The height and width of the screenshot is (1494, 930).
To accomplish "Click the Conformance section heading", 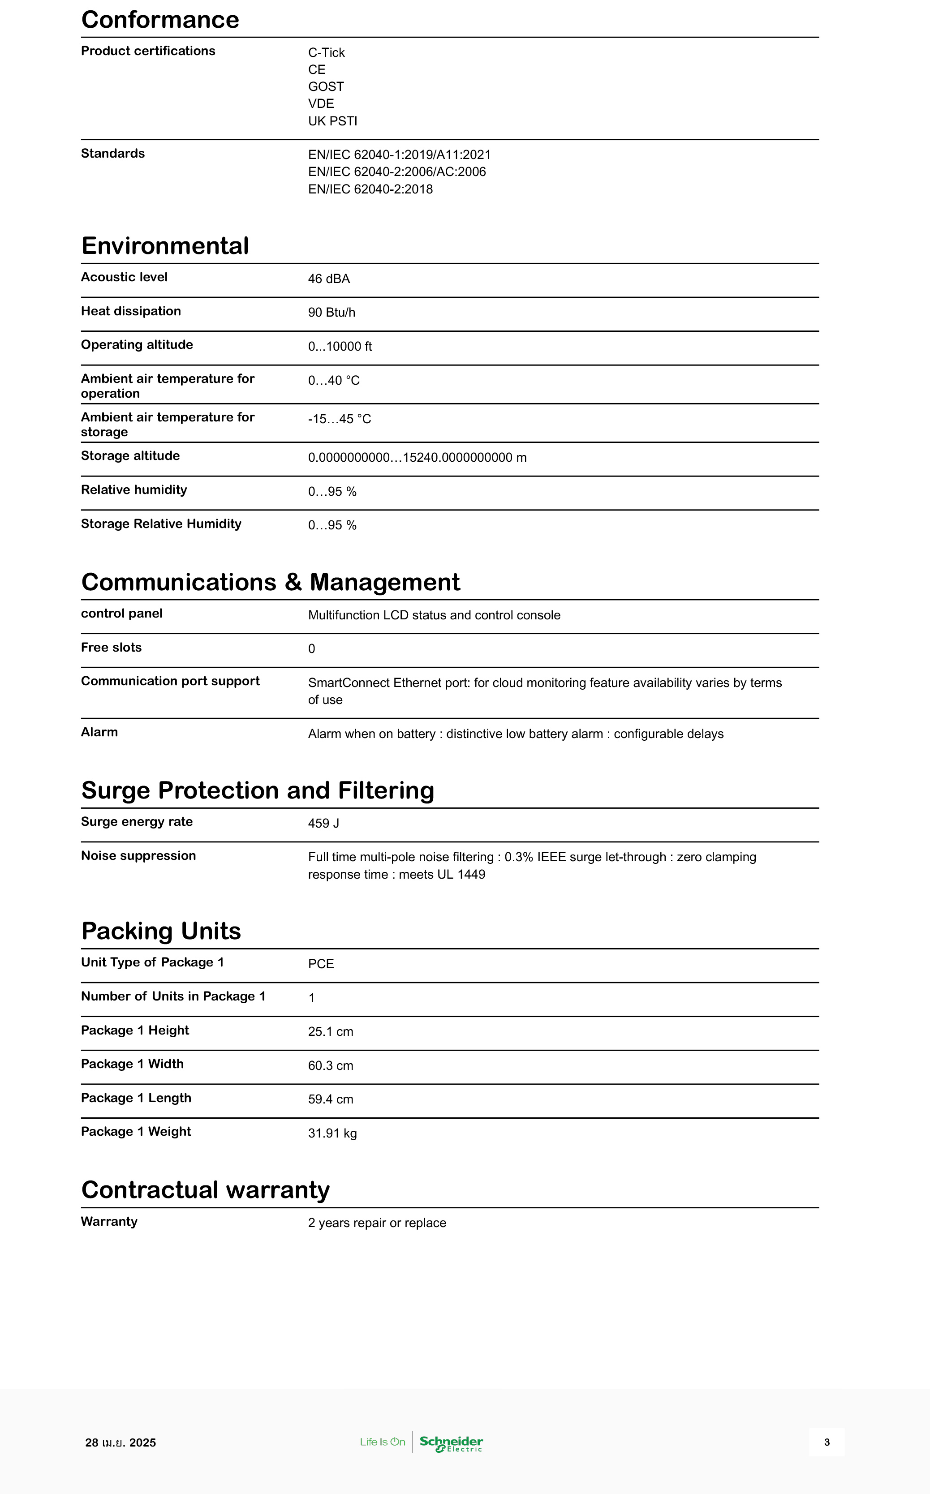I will pyautogui.click(x=160, y=20).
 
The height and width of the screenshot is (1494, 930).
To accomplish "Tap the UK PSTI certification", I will pyautogui.click(x=332, y=121).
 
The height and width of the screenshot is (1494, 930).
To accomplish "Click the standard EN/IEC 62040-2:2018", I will pyautogui.click(x=370, y=189).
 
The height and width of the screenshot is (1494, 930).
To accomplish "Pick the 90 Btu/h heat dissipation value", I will pyautogui.click(x=332, y=313).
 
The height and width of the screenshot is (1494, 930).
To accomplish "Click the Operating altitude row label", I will pyautogui.click(x=137, y=345).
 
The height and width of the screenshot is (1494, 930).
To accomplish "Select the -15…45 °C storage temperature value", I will pyautogui.click(x=340, y=419).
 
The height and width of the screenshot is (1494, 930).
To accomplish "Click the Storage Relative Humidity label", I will pyautogui.click(x=161, y=524).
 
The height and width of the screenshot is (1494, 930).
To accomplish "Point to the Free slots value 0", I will pyautogui.click(x=311, y=649).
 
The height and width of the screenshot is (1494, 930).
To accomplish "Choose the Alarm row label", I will pyautogui.click(x=99, y=732).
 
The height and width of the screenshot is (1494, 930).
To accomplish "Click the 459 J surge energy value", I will pyautogui.click(x=323, y=824).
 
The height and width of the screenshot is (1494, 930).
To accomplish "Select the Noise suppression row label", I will pyautogui.click(x=138, y=856).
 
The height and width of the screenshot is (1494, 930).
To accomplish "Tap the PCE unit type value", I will pyautogui.click(x=321, y=964).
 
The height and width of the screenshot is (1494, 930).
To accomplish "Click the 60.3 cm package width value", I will pyautogui.click(x=330, y=1066).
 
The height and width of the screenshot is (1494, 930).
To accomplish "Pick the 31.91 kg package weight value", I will pyautogui.click(x=332, y=1134).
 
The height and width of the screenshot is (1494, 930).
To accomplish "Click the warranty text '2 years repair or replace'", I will pyautogui.click(x=377, y=1224).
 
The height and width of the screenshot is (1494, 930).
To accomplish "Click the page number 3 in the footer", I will pyautogui.click(x=827, y=1442).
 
